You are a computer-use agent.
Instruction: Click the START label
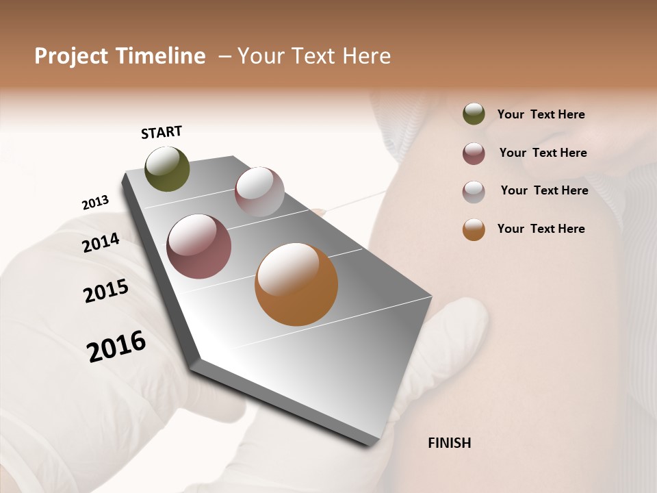click(162, 132)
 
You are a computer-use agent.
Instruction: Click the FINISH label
click(449, 443)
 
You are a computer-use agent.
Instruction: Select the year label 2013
click(95, 203)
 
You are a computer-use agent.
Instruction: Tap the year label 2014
click(101, 242)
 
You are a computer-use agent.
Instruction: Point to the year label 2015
click(106, 291)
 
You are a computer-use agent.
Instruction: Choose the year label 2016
click(116, 346)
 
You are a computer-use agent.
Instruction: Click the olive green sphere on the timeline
click(167, 168)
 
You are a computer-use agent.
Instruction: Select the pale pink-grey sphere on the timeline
click(259, 192)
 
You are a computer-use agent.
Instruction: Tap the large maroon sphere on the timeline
click(199, 246)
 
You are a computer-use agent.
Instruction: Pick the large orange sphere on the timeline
click(296, 284)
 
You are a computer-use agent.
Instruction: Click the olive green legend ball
click(474, 114)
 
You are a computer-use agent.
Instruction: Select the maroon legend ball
click(474, 153)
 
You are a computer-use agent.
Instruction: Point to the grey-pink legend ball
click(474, 192)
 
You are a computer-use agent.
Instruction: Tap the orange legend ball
click(474, 229)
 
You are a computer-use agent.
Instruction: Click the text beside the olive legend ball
click(541, 114)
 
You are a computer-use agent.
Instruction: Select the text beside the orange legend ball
click(541, 229)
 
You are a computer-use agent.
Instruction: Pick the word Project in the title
click(71, 56)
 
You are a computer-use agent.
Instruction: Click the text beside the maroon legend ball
click(543, 153)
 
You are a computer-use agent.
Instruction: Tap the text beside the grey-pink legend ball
click(544, 190)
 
